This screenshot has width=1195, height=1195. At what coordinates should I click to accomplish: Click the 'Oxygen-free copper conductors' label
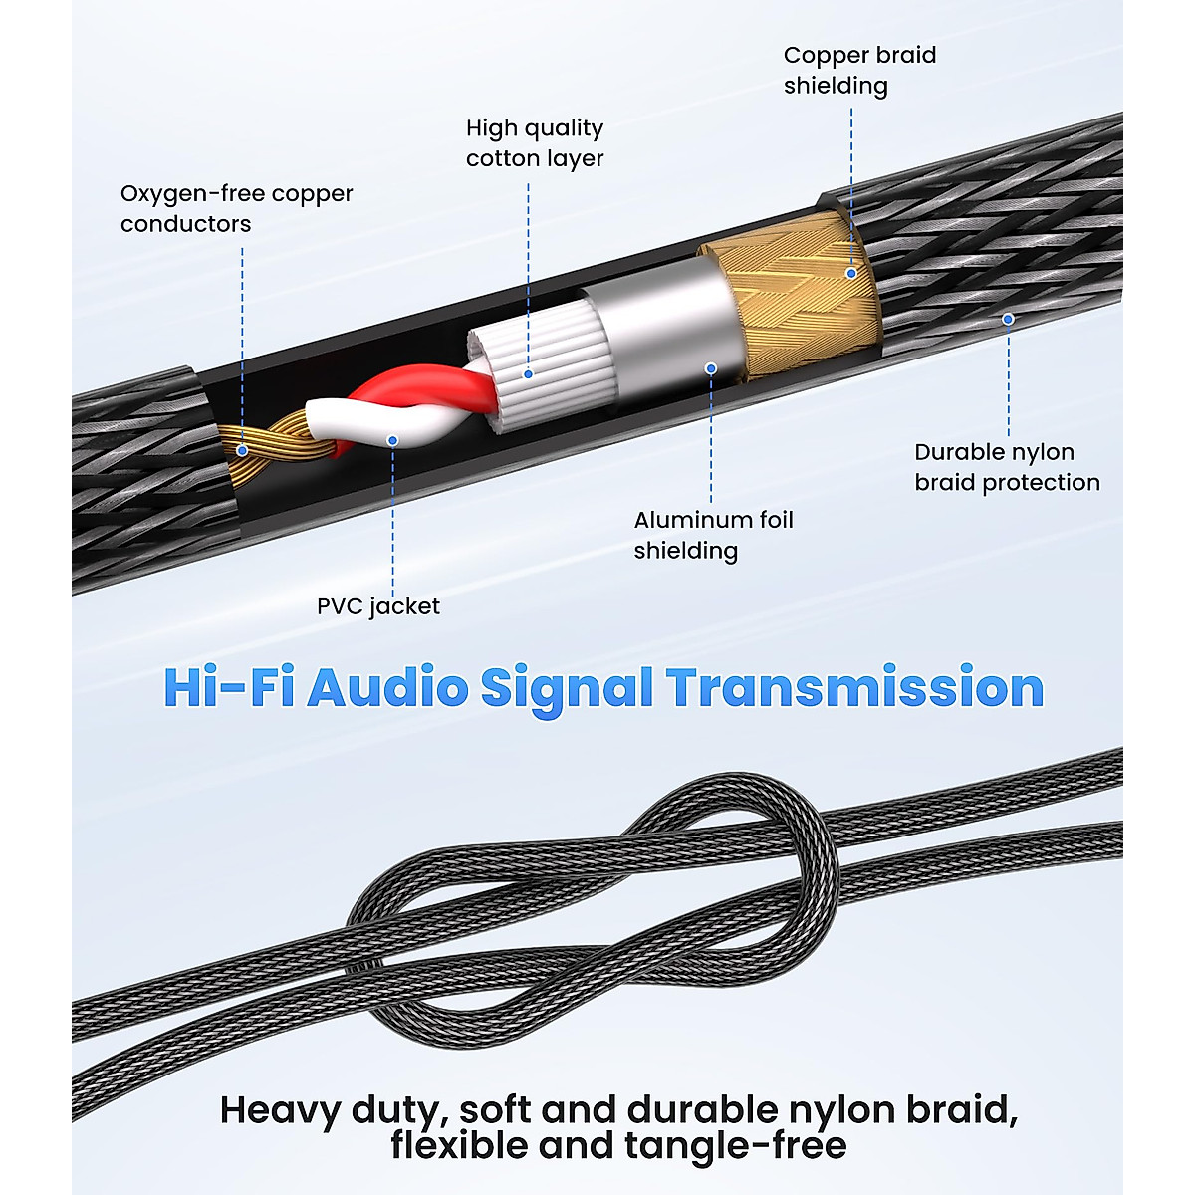pos(236,208)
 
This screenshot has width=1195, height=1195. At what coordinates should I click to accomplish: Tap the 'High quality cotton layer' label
pos(535,143)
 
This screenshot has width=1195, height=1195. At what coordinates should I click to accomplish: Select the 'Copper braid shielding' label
pos(859,70)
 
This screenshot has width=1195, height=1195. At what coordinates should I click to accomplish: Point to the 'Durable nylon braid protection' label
pos(1007,467)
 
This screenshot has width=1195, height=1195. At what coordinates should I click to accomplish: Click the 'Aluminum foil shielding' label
pos(713,535)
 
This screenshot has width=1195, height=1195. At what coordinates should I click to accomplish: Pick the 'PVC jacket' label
pos(377,606)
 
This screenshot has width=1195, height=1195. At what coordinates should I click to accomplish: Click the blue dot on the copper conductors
pos(242,450)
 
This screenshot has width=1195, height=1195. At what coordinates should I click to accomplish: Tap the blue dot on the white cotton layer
pos(529,374)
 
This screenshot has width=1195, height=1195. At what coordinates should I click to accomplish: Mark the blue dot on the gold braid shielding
pos(851,272)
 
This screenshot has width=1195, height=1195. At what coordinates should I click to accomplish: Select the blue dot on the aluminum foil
pos(711,368)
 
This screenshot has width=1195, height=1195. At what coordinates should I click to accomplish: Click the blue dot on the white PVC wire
pos(393,439)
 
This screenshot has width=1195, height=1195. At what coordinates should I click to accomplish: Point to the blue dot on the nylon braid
pos(1008,319)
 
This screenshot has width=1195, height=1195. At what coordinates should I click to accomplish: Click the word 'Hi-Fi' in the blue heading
pos(228,688)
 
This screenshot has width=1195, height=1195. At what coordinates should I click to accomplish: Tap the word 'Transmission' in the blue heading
pos(854,688)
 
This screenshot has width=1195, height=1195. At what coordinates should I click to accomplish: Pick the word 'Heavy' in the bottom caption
pos(280,1110)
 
